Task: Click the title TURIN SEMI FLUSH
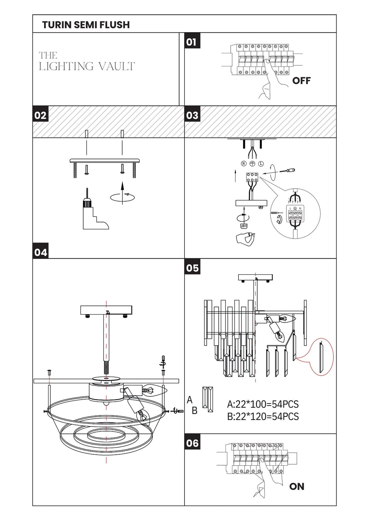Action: click(x=86, y=25)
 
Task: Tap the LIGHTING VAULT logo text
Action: click(x=87, y=61)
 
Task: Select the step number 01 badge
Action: click(x=192, y=41)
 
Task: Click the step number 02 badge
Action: click(x=41, y=114)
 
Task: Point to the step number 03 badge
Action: click(x=192, y=114)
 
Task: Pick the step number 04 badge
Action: click(x=41, y=251)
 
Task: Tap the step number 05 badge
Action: click(x=192, y=267)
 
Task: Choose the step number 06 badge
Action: click(x=192, y=442)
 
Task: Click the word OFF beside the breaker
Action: click(x=301, y=81)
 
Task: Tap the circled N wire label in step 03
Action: click(x=244, y=164)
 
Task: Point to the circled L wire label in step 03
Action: click(x=261, y=164)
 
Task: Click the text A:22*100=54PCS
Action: click(x=263, y=404)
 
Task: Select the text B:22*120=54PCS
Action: click(x=263, y=416)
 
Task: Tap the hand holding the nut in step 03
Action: click(x=245, y=239)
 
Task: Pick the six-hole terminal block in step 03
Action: click(x=252, y=177)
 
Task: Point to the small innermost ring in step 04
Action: click(x=106, y=439)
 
